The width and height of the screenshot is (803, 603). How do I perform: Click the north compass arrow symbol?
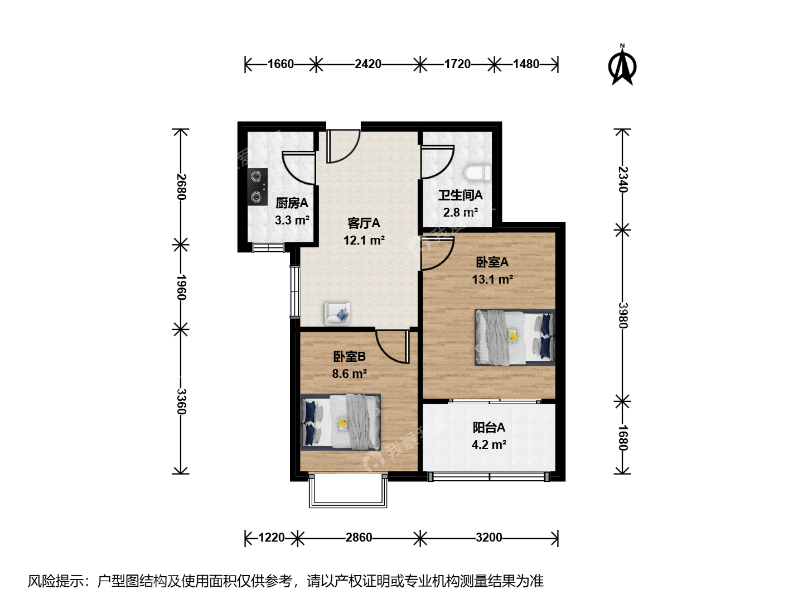pos(622,66)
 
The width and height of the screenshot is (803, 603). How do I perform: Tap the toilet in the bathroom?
pos(477,173)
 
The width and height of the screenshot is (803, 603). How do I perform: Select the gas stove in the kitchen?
pos(258,186)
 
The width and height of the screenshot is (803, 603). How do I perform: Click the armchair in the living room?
pos(337,313)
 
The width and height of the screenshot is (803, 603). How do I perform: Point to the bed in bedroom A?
pos(515,337)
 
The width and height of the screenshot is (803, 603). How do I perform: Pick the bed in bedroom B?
pos(341,422)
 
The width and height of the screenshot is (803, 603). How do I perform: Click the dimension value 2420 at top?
pos(367,64)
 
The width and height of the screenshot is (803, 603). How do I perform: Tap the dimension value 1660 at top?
pos(280,64)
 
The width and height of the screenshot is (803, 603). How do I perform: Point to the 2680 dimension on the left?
pos(181,186)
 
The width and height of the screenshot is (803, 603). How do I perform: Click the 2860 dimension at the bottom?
pos(359,537)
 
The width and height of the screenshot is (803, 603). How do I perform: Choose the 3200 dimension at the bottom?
pos(489,537)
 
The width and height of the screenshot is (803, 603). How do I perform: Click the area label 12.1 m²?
pos(364,240)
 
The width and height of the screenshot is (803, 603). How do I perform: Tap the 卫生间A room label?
pos(461,195)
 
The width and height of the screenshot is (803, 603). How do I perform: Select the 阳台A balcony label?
pos(489,427)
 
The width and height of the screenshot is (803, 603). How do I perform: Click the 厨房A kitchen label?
pos(292,203)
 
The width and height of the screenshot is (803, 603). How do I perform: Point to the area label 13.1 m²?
pos(492,279)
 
